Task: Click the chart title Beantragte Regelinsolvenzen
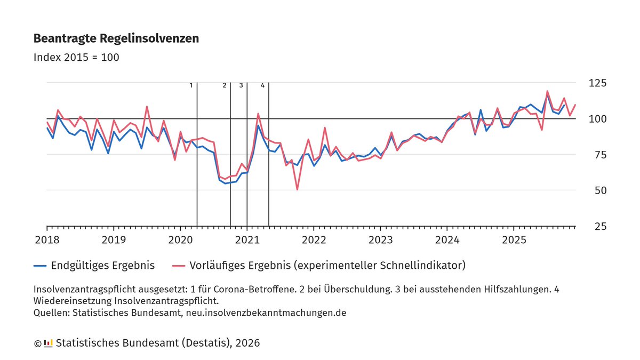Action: point(116,39)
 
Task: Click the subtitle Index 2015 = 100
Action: point(76,57)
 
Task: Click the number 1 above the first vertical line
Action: point(191,85)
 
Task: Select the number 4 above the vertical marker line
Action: point(262,85)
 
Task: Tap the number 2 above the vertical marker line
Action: point(224,85)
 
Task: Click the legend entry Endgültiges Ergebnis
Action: point(102,265)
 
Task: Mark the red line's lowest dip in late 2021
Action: point(297,189)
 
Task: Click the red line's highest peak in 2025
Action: point(547,91)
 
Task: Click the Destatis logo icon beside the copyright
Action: point(48,343)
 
